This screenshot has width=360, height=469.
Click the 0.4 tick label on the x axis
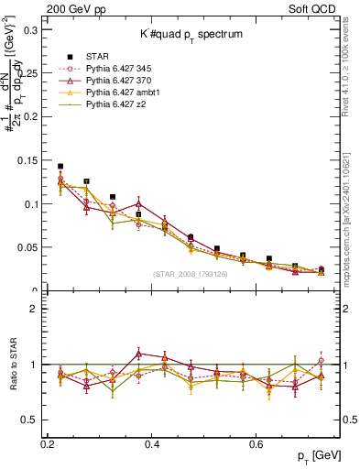(153, 442)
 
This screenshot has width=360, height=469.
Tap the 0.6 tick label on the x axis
(259, 442)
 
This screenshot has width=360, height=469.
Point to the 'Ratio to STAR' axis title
(11, 363)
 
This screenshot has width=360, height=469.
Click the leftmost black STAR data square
(60, 167)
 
